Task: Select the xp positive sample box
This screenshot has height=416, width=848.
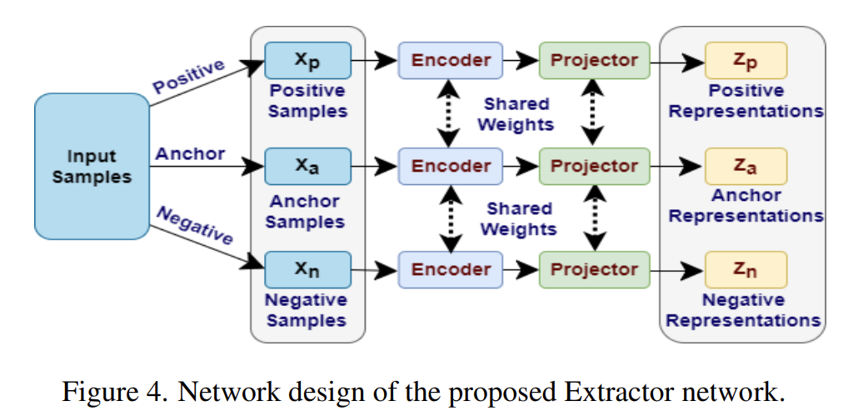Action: pyautogui.click(x=307, y=60)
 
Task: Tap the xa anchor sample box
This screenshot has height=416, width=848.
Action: pyautogui.click(x=307, y=166)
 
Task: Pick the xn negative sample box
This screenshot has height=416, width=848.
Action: pyautogui.click(x=307, y=269)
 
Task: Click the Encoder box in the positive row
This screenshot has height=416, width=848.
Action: pyautogui.click(x=451, y=60)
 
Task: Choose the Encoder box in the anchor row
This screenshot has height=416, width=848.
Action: pyautogui.click(x=451, y=166)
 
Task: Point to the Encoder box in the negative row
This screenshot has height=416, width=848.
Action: pyautogui.click(x=451, y=269)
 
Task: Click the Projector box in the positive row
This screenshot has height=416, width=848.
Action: pyautogui.click(x=593, y=60)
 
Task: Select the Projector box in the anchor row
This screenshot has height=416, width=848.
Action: pyautogui.click(x=593, y=166)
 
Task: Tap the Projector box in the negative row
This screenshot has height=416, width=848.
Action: pyautogui.click(x=593, y=269)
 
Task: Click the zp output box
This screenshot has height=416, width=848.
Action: pyautogui.click(x=745, y=60)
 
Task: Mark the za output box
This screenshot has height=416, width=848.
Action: pyautogui.click(x=745, y=166)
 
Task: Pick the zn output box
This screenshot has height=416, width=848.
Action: pyautogui.click(x=745, y=269)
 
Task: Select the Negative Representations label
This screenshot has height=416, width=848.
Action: pyautogui.click(x=745, y=310)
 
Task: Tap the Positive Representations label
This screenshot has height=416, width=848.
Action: pyautogui.click(x=745, y=101)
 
